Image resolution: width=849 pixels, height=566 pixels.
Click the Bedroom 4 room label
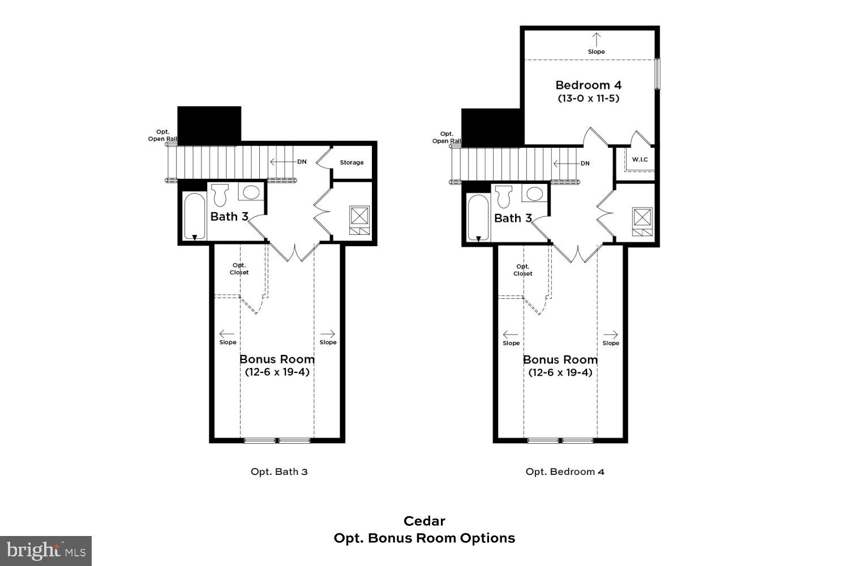click(x=588, y=85)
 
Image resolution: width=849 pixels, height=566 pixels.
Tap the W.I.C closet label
click(x=640, y=160)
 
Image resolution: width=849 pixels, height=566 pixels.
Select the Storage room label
click(x=351, y=162)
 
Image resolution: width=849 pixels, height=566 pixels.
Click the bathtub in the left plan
click(x=194, y=216)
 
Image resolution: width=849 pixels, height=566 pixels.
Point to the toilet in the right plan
click(x=503, y=196)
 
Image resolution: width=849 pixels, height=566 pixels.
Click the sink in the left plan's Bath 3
click(x=251, y=192)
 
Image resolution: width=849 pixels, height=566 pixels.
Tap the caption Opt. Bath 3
click(x=279, y=471)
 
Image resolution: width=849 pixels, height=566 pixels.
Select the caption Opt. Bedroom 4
click(x=565, y=471)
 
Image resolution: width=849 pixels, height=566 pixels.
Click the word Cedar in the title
click(x=424, y=521)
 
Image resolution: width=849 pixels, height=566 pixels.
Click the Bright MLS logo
click(x=46, y=551)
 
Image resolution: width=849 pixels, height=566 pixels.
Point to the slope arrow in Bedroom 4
click(x=596, y=40)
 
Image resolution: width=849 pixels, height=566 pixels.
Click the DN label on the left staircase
click(x=302, y=162)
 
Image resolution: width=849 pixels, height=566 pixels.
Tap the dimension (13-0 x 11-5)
click(x=588, y=98)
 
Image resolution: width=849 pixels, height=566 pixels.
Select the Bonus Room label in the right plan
click(x=560, y=359)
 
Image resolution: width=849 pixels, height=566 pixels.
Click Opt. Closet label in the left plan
click(x=239, y=269)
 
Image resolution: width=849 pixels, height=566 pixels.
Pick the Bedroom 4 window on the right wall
click(x=657, y=74)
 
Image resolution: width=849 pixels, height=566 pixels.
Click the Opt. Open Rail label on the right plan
click(x=447, y=138)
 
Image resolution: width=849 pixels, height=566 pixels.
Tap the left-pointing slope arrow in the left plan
click(x=227, y=334)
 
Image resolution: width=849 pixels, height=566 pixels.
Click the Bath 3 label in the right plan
click(x=513, y=218)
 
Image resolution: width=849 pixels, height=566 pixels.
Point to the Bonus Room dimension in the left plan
click(x=277, y=372)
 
